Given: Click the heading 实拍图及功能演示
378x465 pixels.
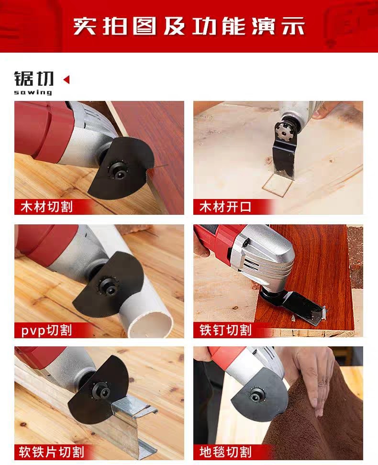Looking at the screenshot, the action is tap(189, 26).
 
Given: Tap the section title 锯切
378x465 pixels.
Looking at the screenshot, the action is tap(34, 79).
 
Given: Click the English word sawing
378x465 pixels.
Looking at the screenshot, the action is tap(33, 92).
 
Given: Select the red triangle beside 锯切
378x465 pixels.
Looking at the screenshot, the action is tap(67, 79).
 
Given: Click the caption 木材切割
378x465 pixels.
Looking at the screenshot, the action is tap(46, 207).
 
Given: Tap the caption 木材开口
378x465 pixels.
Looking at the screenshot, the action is tap(225, 207).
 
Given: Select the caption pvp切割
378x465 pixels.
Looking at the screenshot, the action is tap(46, 330).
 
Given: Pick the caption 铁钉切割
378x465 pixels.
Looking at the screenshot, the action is tap(225, 330).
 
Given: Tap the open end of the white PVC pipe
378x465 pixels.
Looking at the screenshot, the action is tap(151, 325).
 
